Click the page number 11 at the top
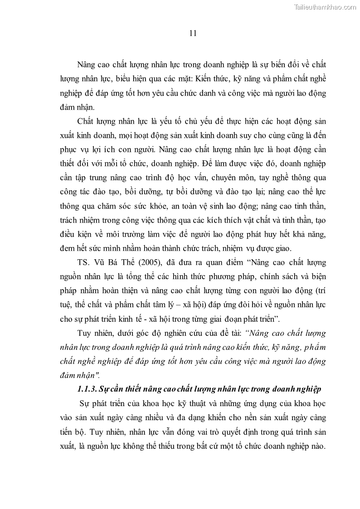tap(192, 33)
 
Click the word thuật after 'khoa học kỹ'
tap(197, 403)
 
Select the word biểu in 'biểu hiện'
tap(126, 78)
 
